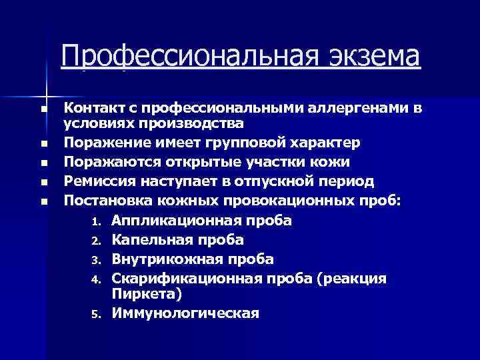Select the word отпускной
[280, 181]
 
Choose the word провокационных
[286, 200]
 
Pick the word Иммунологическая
[185, 313]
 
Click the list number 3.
[95, 260]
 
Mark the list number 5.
[95, 314]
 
